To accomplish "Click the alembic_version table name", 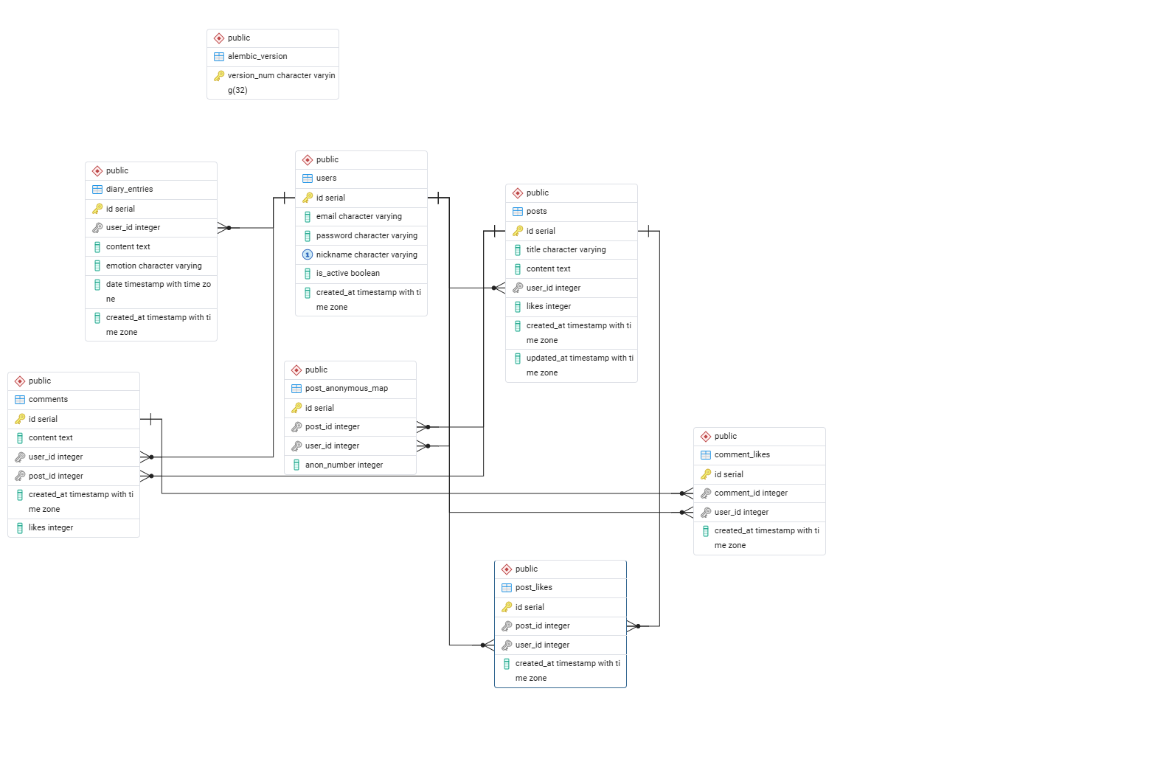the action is click(257, 57).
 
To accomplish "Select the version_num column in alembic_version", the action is click(281, 83).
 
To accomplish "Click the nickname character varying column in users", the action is click(367, 254).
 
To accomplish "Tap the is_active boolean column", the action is click(347, 273).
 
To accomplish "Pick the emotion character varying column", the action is click(153, 266).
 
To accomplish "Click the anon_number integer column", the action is click(344, 465).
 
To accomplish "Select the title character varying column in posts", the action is click(566, 249).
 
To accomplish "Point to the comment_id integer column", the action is click(751, 493).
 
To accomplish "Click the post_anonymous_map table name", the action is click(347, 388).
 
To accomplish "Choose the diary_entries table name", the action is click(130, 190).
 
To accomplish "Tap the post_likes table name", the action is click(534, 587).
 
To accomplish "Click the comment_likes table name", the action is click(742, 454).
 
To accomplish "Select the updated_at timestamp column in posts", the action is click(580, 365).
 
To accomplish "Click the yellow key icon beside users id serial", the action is click(308, 198).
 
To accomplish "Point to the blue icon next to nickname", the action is click(308, 254).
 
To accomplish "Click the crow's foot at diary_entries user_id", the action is click(224, 228).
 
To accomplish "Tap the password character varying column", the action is click(367, 235).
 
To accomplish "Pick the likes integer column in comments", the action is click(51, 527).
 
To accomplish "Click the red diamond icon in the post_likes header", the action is click(507, 569).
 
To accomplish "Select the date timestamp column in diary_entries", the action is click(159, 291).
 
